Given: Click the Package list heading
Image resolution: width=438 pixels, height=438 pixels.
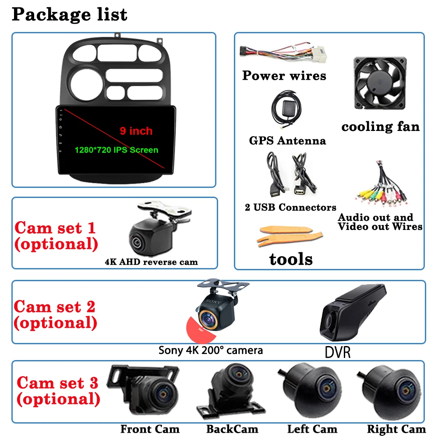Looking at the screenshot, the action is point(69,14).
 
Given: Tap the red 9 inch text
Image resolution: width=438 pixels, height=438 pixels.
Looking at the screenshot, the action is point(136,131).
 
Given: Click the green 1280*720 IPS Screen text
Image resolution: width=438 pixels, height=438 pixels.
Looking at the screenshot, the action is point(116,150).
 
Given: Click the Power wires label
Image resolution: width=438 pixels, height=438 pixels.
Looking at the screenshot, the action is point(284,75).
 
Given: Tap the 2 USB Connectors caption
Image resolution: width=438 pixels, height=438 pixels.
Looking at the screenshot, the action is point(290,207).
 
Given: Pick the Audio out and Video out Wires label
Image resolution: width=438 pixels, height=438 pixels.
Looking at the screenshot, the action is point(380,222).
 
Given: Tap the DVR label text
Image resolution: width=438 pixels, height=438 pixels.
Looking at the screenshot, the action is point(338,352).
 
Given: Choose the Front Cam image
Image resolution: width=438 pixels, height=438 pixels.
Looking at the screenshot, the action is point(144,391).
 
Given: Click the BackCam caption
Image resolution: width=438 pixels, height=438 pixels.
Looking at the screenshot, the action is point(232,429).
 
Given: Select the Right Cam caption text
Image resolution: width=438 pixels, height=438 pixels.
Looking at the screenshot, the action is point(396,429).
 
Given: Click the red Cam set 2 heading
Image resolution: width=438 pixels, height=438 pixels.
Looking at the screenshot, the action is point(55,314).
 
